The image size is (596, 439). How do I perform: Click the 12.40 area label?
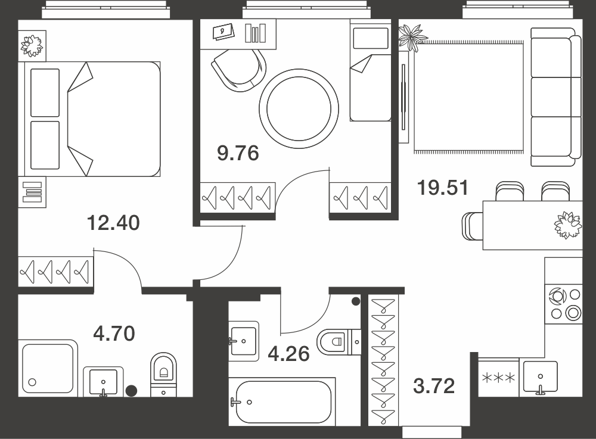[113, 223]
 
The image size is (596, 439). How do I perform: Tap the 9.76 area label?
[238, 153]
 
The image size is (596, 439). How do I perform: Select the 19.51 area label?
[443, 188]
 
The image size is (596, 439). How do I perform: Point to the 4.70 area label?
[114, 334]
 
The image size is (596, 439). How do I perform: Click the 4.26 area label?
[289, 354]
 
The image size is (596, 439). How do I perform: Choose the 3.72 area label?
[434, 386]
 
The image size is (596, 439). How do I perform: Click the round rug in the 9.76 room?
[299, 108]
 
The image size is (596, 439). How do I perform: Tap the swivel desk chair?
[238, 70]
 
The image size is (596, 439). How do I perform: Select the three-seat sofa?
[555, 97]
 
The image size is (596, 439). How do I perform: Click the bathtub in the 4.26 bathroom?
[283, 402]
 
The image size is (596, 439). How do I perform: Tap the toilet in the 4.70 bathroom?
[164, 375]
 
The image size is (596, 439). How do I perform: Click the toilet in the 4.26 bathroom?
[339, 341]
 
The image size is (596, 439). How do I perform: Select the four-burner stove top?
[564, 304]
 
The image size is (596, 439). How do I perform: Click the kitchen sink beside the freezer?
[541, 377]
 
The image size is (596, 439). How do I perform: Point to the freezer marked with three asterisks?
[498, 378]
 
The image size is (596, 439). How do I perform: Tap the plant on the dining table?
[568, 225]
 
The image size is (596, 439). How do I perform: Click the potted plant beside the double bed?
[32, 46]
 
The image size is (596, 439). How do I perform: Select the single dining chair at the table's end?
[473, 226]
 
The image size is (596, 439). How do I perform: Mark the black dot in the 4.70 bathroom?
[131, 390]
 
